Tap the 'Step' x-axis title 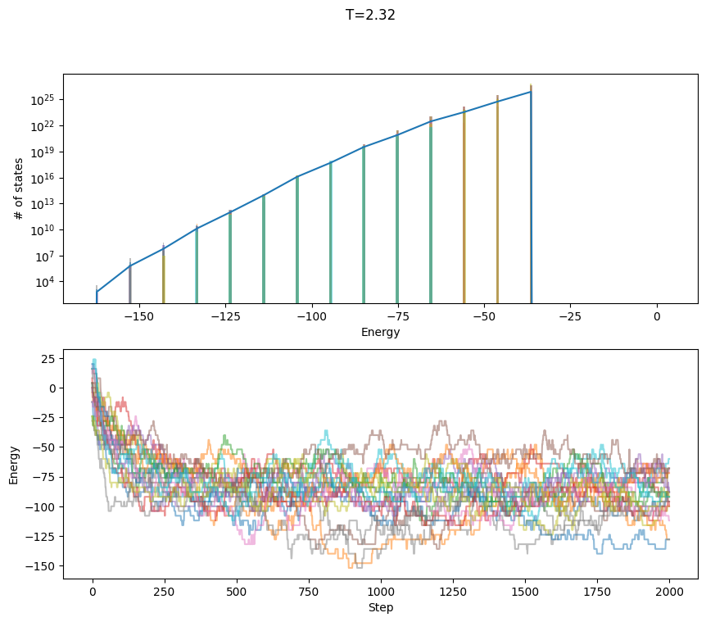(381, 607)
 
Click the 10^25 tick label (44, 100)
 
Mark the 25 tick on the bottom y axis (49, 359)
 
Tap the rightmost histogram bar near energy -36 (531, 197)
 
